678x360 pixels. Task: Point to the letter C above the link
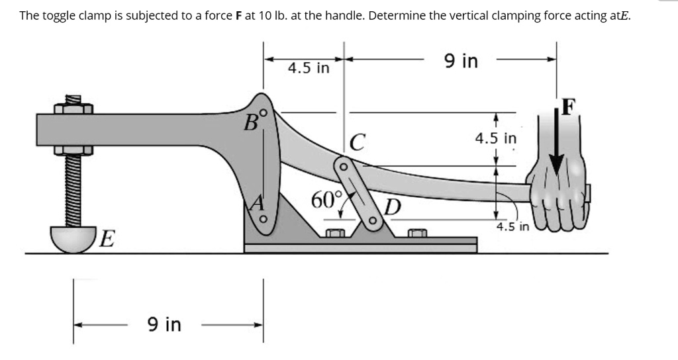pos(357,142)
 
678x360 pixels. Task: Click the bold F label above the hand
pos(569,106)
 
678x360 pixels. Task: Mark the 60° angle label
pos(327,199)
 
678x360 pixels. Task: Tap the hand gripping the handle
pos(557,196)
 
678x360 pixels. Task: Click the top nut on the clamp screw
pos(73,109)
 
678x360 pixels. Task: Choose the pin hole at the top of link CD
pos(343,167)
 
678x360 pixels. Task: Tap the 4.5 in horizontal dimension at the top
pos(308,68)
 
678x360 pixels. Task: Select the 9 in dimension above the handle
pos(461,62)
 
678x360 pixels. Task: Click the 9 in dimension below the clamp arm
pos(164,324)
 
